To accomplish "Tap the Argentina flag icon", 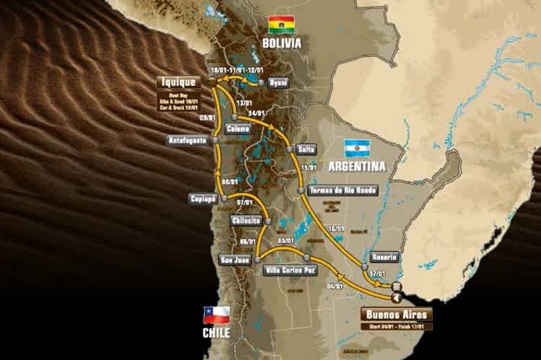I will (356, 149).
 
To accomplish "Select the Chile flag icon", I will (216, 315).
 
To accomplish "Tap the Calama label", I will (237, 129).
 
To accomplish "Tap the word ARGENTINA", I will (357, 166).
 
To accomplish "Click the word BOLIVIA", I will (281, 43).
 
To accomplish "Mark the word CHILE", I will (216, 333).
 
